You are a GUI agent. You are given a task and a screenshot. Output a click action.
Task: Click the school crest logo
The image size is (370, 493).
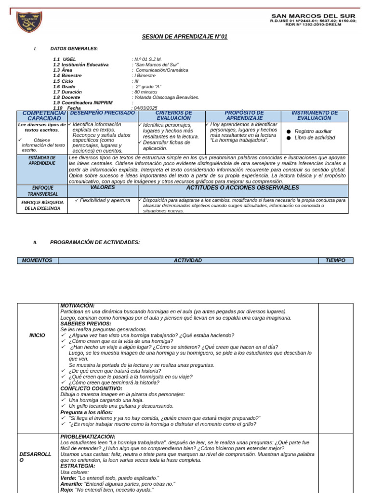pyautogui.click(x=29, y=22)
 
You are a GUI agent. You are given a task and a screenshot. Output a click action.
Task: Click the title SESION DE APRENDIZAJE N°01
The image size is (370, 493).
pyautogui.click(x=185, y=37)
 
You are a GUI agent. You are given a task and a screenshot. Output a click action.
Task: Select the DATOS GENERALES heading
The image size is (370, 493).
pyautogui.click(x=74, y=49)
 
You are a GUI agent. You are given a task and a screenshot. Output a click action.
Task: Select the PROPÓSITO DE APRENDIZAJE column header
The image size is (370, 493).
pyautogui.click(x=244, y=116)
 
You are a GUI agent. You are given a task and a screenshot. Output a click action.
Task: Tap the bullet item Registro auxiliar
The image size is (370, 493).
pyautogui.click(x=313, y=131)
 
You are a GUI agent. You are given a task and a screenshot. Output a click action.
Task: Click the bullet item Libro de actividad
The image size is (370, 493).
pyautogui.click(x=314, y=138)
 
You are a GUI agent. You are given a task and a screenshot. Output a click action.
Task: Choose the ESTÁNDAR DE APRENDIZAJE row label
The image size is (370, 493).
pyautogui.click(x=42, y=160)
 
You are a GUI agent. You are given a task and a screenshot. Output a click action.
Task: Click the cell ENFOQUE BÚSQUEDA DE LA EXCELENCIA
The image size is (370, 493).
pyautogui.click(x=42, y=206)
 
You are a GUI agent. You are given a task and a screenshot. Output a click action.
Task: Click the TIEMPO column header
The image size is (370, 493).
pyautogui.click(x=335, y=260)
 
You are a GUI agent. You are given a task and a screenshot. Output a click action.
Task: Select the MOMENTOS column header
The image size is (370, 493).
pyautogui.click(x=37, y=260)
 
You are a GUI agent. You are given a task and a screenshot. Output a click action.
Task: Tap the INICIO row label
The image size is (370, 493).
pyautogui.click(x=38, y=335)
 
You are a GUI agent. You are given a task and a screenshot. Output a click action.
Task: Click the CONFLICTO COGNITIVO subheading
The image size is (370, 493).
pyautogui.click(x=91, y=388)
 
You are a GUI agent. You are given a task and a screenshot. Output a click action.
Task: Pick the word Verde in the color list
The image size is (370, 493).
pyautogui.click(x=68, y=478)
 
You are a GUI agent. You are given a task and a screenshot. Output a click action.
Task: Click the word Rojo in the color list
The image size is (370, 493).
pyautogui.click(x=66, y=490)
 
